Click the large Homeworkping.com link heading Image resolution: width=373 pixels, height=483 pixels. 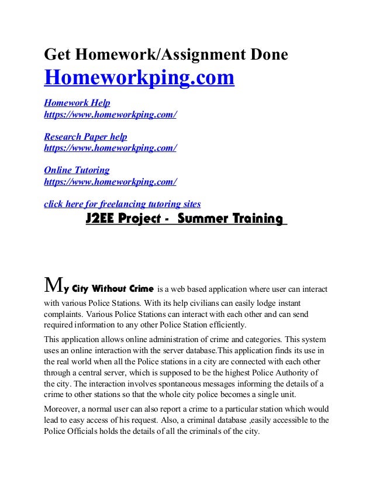[139, 78]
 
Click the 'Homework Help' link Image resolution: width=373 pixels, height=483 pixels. [73, 103]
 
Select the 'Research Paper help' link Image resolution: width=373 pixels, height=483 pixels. [85, 137]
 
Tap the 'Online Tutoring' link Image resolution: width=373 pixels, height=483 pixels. [77, 170]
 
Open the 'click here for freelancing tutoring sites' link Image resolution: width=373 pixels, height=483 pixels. [123, 204]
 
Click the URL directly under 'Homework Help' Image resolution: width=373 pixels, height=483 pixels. [110, 115]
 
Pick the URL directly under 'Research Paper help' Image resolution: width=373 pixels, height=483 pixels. [110, 148]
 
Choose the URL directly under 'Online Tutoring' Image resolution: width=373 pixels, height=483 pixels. [110, 182]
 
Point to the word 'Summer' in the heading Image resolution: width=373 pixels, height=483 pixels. [196, 219]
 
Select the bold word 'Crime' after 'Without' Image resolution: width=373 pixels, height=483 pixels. [139, 289]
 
